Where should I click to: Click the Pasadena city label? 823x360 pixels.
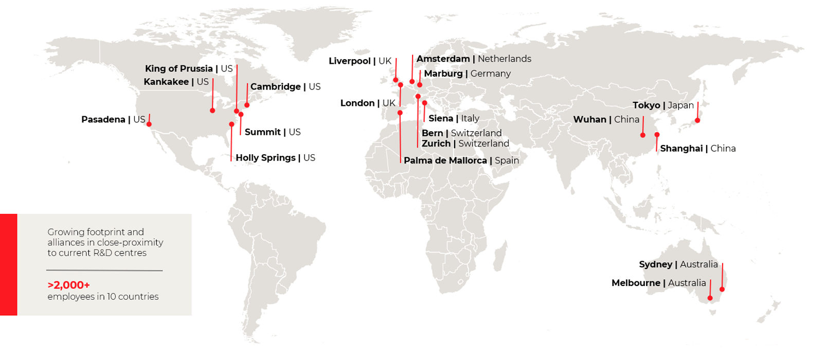[103, 120]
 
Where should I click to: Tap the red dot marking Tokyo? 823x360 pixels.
[697, 120]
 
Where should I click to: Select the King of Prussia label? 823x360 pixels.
[178, 69]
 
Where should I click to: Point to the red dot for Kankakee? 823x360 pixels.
[212, 111]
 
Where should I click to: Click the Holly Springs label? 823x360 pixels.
[265, 158]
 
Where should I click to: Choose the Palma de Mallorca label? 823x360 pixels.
[445, 160]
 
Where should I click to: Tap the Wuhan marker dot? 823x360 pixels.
[643, 135]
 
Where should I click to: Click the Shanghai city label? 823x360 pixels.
[682, 149]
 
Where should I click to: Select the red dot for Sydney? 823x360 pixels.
[722, 289]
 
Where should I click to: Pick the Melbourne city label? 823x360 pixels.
[636, 283]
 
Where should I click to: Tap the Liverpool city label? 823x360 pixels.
[350, 61]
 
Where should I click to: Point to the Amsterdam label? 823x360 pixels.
[443, 59]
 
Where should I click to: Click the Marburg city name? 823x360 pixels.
[443, 74]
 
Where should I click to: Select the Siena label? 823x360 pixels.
[441, 118]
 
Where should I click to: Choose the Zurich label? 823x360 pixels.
[436, 144]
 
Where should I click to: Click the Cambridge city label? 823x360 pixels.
[276, 87]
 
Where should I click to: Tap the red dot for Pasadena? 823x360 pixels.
[149, 124]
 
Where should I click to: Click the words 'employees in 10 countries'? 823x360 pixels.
[103, 297]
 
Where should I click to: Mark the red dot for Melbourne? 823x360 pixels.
[710, 298]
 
